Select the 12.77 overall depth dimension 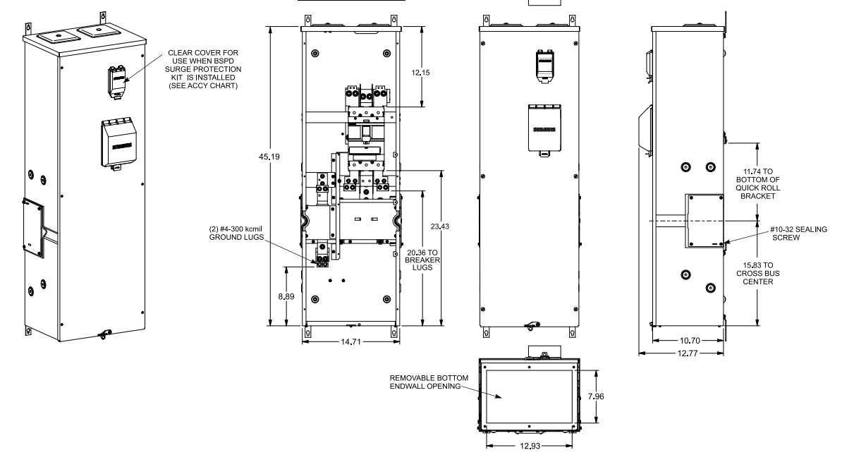(x=681, y=353)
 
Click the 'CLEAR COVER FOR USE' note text (x=202, y=69)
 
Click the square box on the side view (x=704, y=220)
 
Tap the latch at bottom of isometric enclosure (x=104, y=334)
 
